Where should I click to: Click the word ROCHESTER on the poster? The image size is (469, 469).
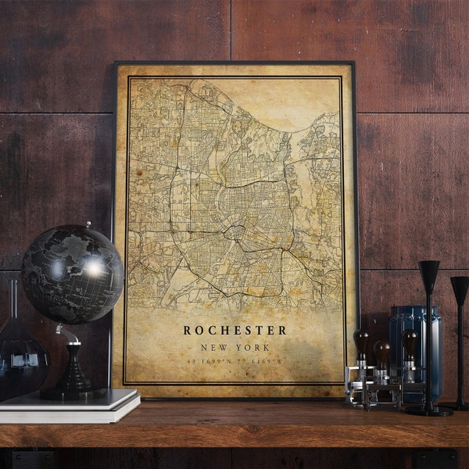[x=234, y=330]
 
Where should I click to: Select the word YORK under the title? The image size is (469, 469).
[x=255, y=348]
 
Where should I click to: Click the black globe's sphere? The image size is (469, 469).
[x=72, y=274]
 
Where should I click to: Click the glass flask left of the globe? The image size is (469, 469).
[x=17, y=352]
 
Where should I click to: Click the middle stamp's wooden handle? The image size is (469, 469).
[x=383, y=352]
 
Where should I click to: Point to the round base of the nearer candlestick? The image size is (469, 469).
[x=429, y=410]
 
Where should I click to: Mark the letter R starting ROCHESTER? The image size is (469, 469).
[x=188, y=330]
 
